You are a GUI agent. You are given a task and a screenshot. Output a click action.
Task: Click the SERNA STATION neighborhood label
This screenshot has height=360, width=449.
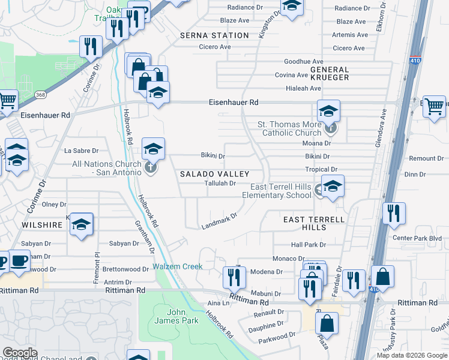214,35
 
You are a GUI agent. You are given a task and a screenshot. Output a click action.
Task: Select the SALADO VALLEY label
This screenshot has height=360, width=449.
215,173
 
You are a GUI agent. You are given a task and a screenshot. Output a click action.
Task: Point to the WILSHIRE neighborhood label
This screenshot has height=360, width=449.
43,225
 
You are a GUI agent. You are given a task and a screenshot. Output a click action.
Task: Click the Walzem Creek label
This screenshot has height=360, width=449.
177,266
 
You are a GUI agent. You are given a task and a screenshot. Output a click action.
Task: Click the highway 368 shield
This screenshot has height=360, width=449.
40,94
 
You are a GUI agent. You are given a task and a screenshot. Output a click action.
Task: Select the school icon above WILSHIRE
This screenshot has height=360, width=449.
81,225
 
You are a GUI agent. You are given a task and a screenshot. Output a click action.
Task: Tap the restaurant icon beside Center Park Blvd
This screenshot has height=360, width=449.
394,213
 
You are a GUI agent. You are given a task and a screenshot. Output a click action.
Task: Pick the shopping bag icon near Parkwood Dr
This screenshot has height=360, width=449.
327,323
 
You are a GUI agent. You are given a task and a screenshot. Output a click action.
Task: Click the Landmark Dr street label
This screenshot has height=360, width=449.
219,221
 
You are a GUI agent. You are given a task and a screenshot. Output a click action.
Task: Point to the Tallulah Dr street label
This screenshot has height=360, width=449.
220,184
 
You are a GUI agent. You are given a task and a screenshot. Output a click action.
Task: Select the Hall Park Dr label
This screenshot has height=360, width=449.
308,245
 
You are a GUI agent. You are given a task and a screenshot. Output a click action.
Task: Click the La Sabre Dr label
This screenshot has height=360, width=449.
80,151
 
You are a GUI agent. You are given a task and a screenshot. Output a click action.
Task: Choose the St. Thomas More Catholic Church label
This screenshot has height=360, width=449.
289,128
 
